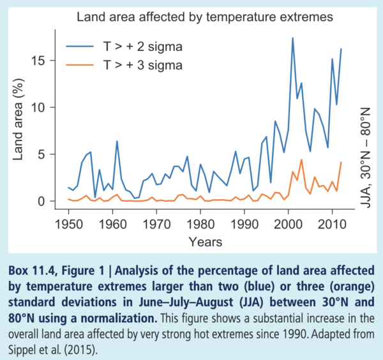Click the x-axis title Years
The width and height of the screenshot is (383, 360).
tap(206, 242)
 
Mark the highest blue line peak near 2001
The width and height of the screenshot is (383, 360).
tap(292, 38)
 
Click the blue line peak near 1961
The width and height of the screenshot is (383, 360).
tap(117, 141)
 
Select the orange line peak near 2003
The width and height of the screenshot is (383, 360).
tap(301, 160)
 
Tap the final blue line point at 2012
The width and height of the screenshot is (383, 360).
tap(342, 49)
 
